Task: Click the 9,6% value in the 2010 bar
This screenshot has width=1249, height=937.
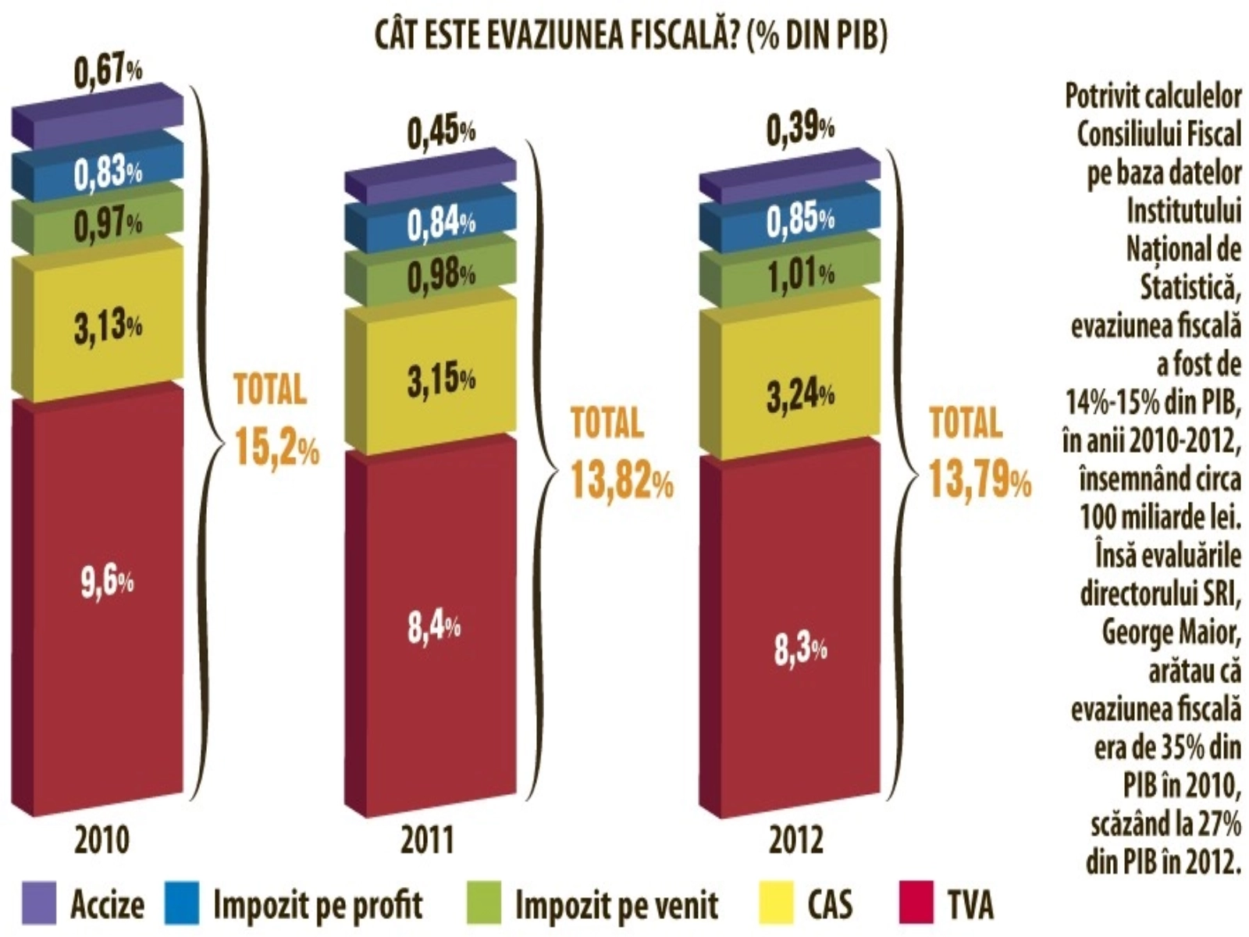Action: pos(107,583)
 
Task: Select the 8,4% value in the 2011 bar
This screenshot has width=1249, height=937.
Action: pos(434,626)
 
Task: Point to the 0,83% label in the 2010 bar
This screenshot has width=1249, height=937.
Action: pos(108,173)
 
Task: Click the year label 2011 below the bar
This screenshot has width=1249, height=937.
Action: pos(427,841)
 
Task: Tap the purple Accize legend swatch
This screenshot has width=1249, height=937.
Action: pos(39,903)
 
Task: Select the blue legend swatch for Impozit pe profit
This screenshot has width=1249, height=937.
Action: pos(182,903)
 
